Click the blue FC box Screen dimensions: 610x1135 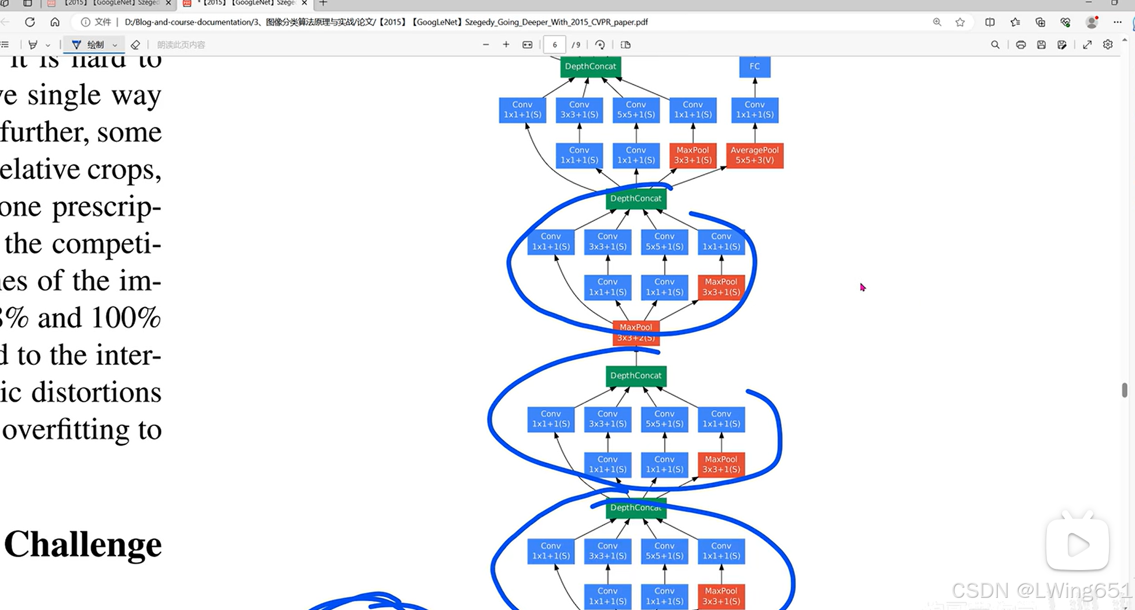755,67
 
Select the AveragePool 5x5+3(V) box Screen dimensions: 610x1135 755,155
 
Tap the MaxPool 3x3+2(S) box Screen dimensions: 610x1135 636,333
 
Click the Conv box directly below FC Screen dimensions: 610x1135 755,110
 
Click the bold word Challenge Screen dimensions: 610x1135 83,545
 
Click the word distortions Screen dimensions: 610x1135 96,393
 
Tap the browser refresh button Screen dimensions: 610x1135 30,22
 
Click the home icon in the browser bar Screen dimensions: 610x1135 55,22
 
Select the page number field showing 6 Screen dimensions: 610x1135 554,45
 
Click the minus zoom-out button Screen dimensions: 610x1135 486,45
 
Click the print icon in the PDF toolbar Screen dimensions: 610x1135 1021,45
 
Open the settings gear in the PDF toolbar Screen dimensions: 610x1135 1108,45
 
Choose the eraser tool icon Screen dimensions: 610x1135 136,45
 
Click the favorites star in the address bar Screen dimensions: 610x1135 960,22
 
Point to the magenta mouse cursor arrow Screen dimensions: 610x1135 862,287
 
